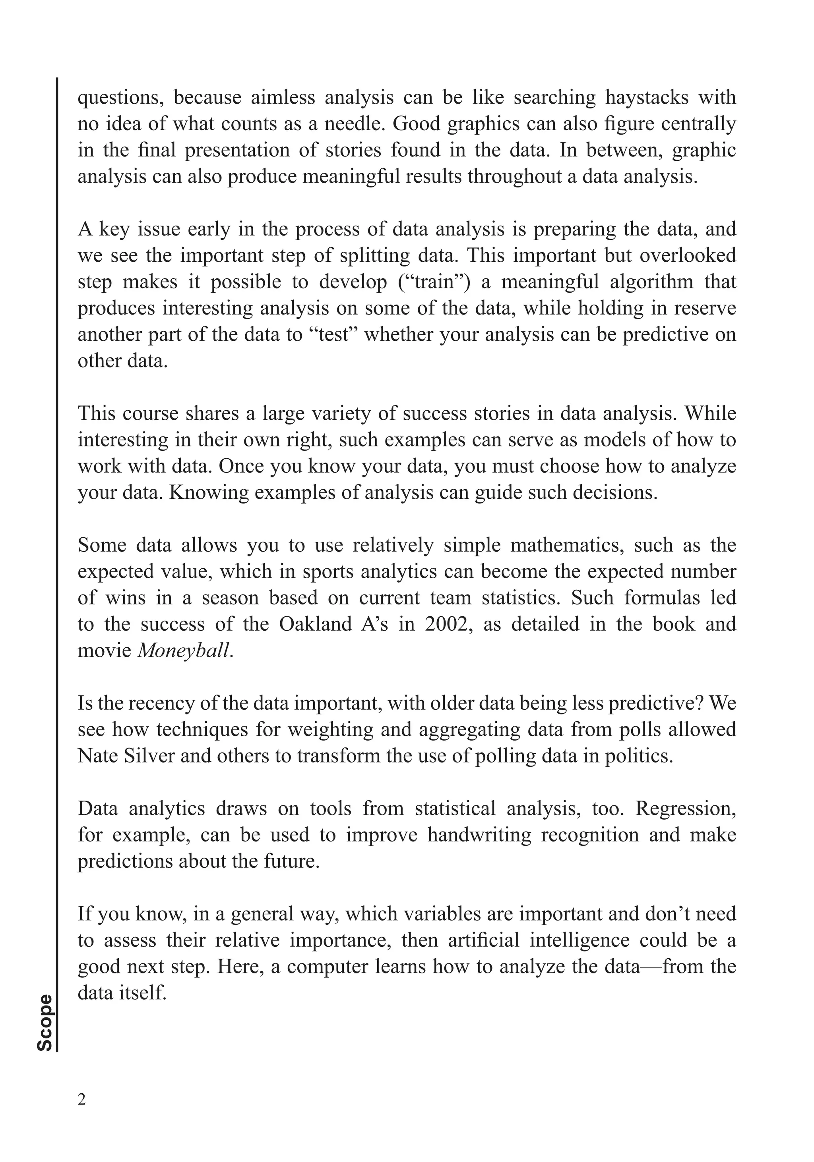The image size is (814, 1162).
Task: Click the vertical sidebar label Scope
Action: tap(45, 1022)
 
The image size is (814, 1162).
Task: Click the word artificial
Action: tap(484, 941)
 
